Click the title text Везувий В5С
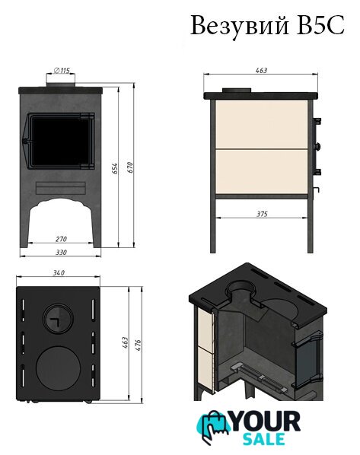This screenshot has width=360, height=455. (x=267, y=26)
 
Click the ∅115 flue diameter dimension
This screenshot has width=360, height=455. (x=62, y=70)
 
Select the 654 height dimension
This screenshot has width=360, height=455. (x=115, y=169)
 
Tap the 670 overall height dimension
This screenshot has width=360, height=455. (x=130, y=167)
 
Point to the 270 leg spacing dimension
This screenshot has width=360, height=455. (x=61, y=239)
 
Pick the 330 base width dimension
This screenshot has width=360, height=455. (x=61, y=253)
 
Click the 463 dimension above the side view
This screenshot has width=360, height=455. (x=261, y=71)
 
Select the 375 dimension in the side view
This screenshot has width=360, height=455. (x=262, y=214)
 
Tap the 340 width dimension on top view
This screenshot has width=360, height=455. (x=59, y=272)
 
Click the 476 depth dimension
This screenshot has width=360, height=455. (x=138, y=345)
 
